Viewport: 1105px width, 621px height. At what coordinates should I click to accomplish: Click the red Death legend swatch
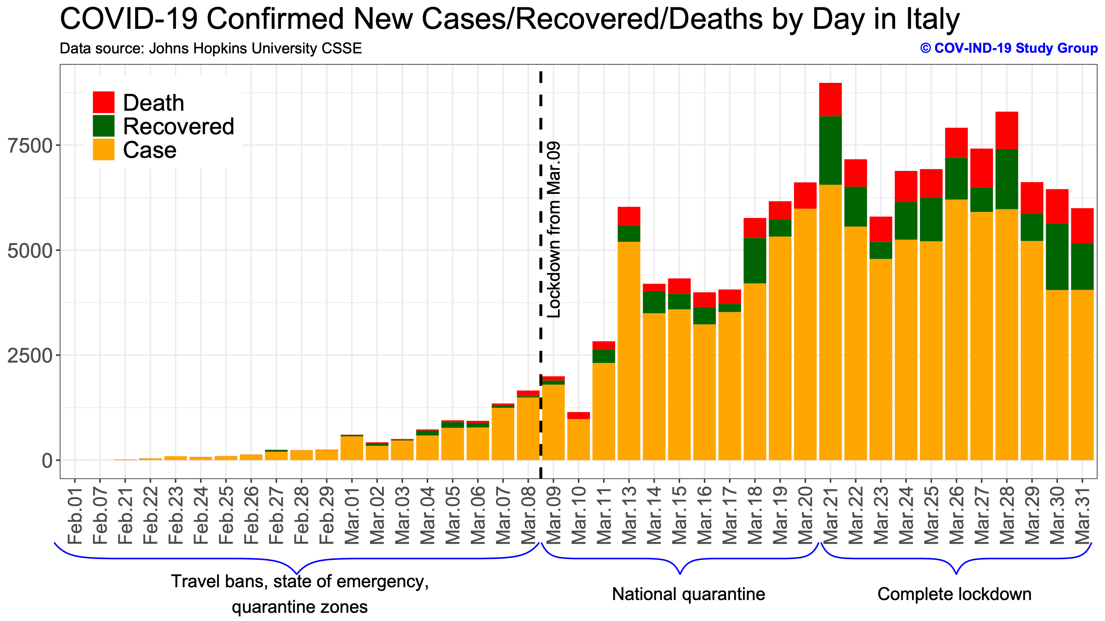103,102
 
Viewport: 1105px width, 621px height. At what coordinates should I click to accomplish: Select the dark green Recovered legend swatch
103,126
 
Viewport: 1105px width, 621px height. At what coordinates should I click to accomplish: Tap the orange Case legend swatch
103,149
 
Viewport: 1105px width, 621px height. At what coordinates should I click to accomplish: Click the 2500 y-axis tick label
30,356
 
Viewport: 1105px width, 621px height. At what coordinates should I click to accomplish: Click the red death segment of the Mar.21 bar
830,100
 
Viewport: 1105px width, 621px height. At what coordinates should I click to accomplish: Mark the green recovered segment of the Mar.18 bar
755,260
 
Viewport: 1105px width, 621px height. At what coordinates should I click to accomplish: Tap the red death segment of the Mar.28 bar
1007,130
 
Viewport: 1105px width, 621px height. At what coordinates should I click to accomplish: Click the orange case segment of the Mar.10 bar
579,440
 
